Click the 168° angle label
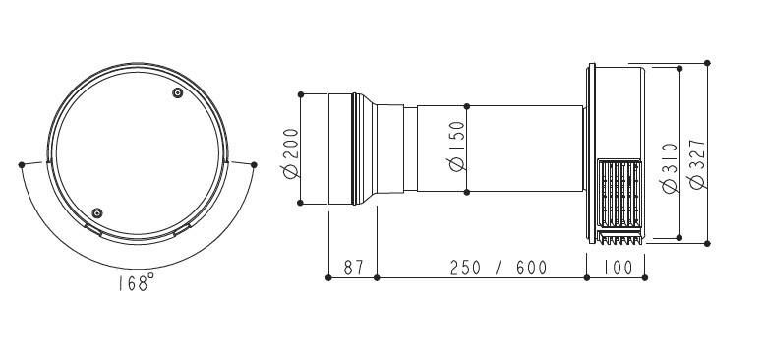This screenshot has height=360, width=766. (137, 283)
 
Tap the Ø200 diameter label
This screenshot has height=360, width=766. (290, 153)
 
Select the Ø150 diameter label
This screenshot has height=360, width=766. (457, 146)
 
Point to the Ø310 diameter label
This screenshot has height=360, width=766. (671, 168)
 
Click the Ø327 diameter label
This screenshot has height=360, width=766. (697, 164)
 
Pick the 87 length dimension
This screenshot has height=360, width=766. (353, 268)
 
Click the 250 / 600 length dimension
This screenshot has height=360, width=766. (499, 268)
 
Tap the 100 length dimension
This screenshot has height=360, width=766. (618, 268)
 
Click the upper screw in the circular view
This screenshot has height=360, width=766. (178, 92)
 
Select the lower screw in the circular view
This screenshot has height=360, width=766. (97, 213)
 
